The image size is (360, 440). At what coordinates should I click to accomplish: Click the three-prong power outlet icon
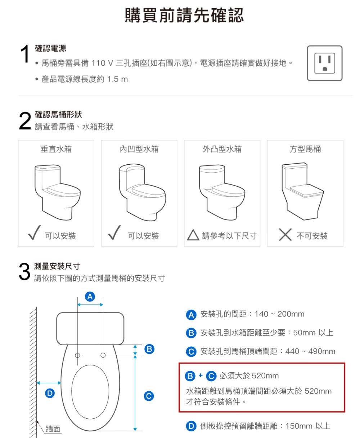tap(324, 63)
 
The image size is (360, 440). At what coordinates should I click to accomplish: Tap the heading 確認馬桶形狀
tap(58, 115)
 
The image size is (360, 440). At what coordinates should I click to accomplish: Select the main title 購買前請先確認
tap(184, 15)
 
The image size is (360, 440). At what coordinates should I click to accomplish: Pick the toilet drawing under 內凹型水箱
tap(142, 191)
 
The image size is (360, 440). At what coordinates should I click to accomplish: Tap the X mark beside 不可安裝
tap(285, 235)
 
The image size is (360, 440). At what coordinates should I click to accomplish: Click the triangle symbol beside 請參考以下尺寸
tap(193, 236)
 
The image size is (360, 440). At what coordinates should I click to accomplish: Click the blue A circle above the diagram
tap(90, 297)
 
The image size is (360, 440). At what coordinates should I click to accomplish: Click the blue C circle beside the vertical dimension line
tap(149, 396)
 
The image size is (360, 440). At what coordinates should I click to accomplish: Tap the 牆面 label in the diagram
tap(53, 429)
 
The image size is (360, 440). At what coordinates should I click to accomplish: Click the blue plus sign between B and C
tap(201, 375)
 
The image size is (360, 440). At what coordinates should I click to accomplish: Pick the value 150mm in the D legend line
tap(299, 426)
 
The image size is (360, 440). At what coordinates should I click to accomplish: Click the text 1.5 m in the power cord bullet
tap(117, 79)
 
